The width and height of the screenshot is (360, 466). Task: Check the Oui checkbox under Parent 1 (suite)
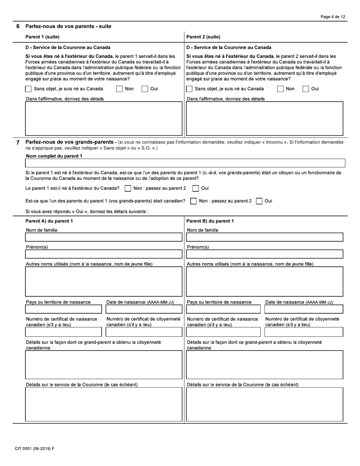point(145,89)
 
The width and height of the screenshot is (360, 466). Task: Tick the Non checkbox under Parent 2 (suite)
point(280,89)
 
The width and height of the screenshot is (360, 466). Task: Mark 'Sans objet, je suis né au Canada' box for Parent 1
point(28,89)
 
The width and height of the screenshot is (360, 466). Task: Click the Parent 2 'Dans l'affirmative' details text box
point(265,118)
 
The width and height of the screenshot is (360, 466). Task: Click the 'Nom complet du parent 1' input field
point(185,163)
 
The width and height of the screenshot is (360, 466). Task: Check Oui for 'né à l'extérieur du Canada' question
point(196,188)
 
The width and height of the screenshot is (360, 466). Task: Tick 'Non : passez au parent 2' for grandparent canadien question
point(193,201)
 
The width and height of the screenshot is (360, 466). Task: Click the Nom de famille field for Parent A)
point(103,237)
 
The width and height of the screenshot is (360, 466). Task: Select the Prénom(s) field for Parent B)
point(265,254)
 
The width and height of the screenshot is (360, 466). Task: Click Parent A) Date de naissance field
point(144,309)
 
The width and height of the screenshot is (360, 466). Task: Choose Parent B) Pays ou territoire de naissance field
point(223,309)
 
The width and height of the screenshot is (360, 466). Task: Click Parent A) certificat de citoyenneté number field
point(144,332)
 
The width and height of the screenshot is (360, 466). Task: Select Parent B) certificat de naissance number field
point(223,332)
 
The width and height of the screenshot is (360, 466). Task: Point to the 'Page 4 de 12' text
point(333,17)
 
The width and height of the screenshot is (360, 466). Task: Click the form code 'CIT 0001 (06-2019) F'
point(34,449)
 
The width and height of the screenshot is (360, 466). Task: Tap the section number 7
point(18,143)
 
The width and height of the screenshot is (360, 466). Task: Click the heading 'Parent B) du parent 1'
point(210,221)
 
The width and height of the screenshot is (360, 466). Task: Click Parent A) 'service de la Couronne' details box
point(103,404)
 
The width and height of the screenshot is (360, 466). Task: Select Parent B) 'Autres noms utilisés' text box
point(265,281)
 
